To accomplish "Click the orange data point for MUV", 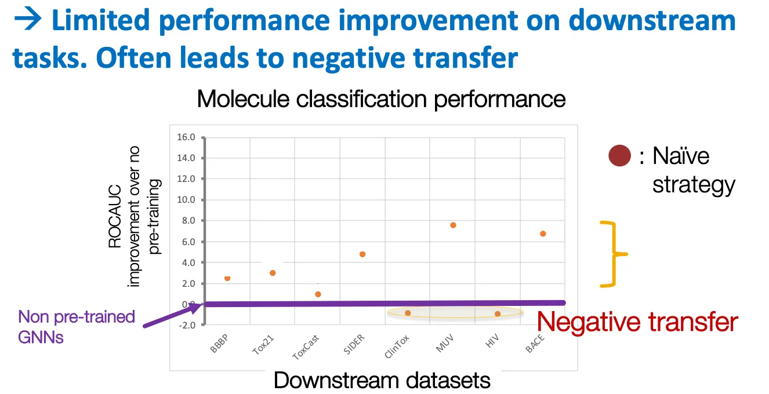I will pos(453,225).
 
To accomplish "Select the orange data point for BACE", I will pos(543,234).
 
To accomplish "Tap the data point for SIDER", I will pos(362,254).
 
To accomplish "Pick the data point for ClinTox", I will pos(408,313).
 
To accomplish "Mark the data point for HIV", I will pos(498,313).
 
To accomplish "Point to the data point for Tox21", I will pos(273,273).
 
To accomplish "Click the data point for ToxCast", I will pos(318,294).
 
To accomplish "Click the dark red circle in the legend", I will pos(619,156).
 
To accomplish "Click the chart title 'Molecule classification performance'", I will pos(381,99).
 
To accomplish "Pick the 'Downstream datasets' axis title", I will pos(382,381).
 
